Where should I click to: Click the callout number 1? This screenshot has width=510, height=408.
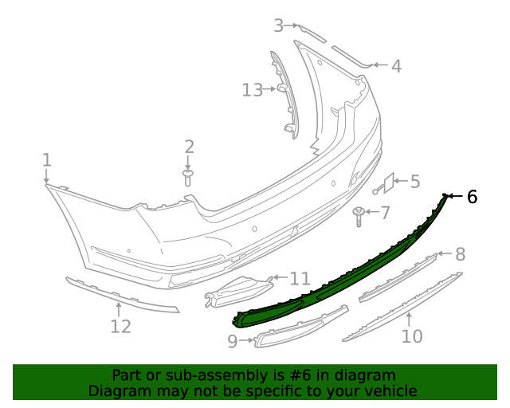[x=46, y=160]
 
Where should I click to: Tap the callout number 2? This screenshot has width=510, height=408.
[x=189, y=147]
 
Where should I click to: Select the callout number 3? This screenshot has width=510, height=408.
[x=279, y=25]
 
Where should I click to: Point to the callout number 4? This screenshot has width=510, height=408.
[x=396, y=66]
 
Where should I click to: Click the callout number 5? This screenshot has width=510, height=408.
[x=414, y=182]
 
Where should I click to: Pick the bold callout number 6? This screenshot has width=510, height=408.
[x=472, y=196]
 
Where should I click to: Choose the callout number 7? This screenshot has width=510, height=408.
[x=385, y=213]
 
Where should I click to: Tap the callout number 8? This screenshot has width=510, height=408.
[x=460, y=254]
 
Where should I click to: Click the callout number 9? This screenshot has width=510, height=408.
[x=233, y=342]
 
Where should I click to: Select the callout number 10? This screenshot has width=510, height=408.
[x=411, y=336]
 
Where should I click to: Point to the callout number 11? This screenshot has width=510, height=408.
[x=300, y=278]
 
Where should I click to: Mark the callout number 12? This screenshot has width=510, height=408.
[x=120, y=326]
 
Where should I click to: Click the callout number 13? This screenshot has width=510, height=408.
[x=252, y=90]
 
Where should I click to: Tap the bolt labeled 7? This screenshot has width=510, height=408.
[x=359, y=214]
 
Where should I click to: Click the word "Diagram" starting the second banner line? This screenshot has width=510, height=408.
[x=117, y=390]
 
